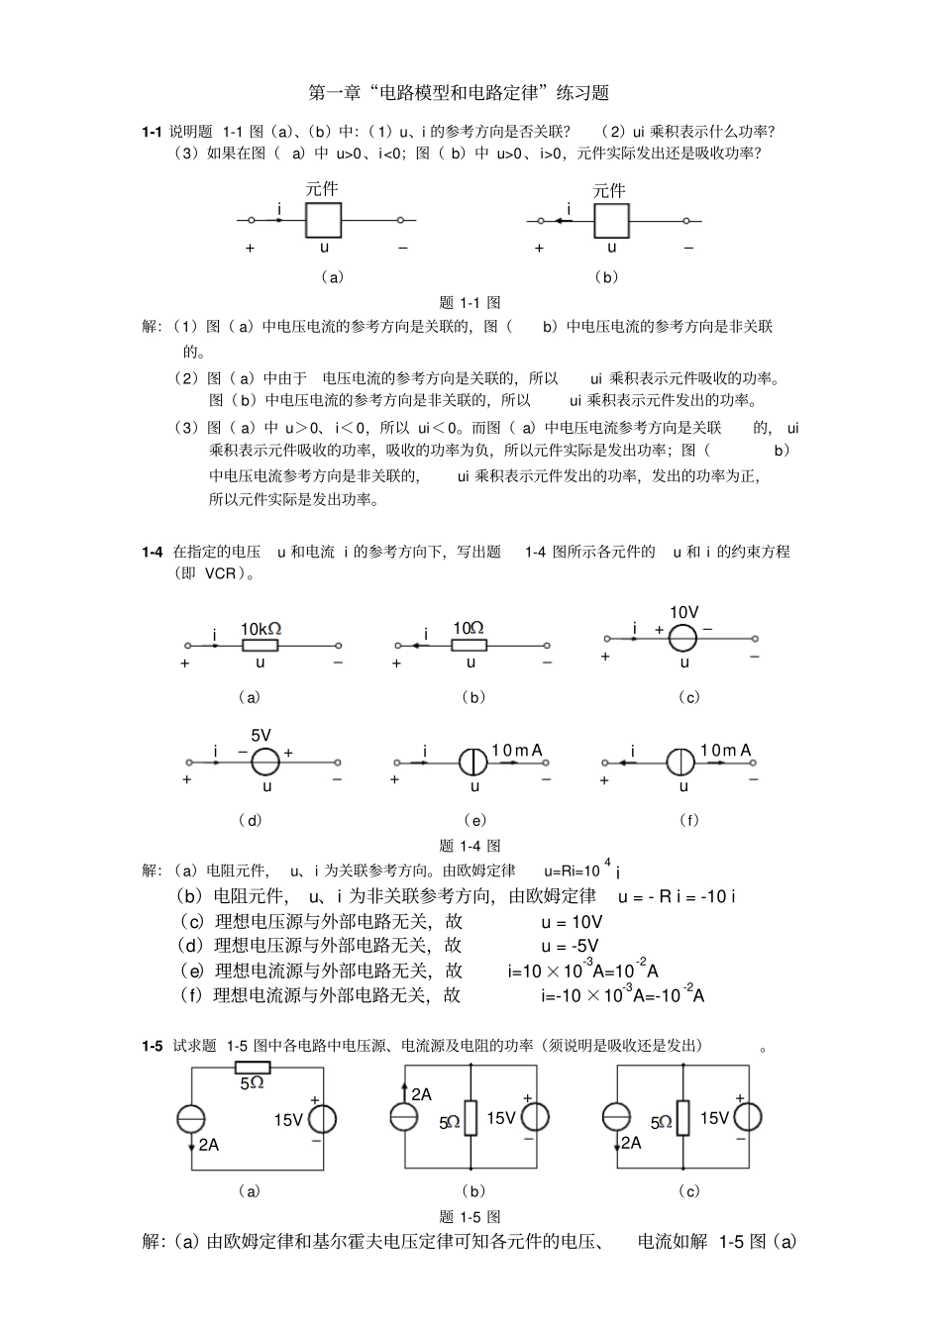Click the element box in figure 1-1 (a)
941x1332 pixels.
pyautogui.click(x=323, y=220)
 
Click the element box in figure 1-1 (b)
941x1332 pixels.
pyautogui.click(x=611, y=221)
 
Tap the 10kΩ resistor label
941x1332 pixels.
pyautogui.click(x=261, y=629)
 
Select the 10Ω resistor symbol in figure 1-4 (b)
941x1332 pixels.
pyautogui.click(x=470, y=646)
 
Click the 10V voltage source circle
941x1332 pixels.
pyautogui.click(x=683, y=639)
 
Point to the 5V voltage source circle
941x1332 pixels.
pyautogui.click(x=264, y=762)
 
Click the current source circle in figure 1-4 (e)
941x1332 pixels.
pyautogui.click(x=473, y=762)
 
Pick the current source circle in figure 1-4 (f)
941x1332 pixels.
pyautogui.click(x=681, y=762)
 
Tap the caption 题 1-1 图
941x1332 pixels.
pyautogui.click(x=470, y=303)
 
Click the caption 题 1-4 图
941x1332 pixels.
pyautogui.click(x=470, y=846)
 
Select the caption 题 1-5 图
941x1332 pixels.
pyautogui.click(x=470, y=1216)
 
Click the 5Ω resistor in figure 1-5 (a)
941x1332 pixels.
pyautogui.click(x=253, y=1067)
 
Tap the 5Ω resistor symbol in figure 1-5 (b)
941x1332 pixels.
pyautogui.click(x=470, y=1118)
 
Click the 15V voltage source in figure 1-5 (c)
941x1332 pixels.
pyautogui.click(x=748, y=1117)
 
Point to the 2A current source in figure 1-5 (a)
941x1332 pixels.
pyautogui.click(x=191, y=1119)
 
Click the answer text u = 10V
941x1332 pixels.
pyautogui.click(x=572, y=922)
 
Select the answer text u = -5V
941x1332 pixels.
pyautogui.click(x=570, y=947)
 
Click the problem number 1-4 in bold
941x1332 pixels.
pyautogui.click(x=152, y=552)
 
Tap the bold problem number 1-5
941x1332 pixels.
pyautogui.click(x=152, y=1046)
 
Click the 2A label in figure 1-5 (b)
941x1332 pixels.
pyautogui.click(x=421, y=1094)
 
